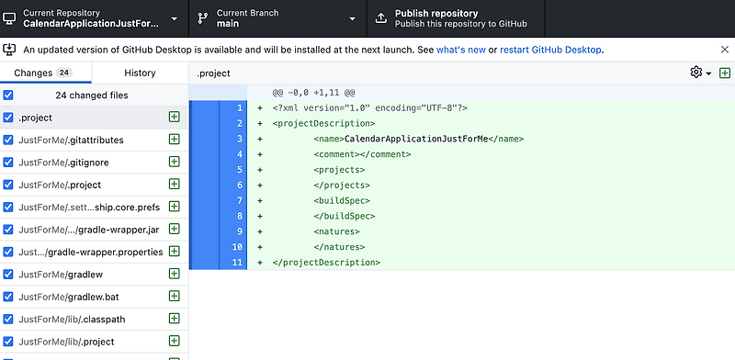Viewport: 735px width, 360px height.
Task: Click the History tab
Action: pos(140,73)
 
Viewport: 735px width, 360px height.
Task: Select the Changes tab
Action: pos(42,73)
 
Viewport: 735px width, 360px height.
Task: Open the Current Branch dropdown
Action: pos(277,18)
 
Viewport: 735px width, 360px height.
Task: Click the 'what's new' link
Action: pos(462,50)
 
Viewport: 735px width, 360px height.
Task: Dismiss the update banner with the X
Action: pos(725,50)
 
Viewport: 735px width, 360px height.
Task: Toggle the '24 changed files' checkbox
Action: pos(8,95)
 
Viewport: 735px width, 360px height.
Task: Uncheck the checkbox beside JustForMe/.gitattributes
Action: pos(8,140)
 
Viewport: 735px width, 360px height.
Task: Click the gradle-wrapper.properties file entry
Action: pos(90,252)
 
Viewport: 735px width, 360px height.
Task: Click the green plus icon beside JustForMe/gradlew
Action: pos(174,274)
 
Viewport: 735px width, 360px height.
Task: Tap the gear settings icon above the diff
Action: pos(696,73)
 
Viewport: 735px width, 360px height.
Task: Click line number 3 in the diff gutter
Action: pos(238,139)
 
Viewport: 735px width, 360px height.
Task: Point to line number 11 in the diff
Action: pos(237,263)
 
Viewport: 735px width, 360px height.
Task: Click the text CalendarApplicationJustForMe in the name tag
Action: pos(414,139)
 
